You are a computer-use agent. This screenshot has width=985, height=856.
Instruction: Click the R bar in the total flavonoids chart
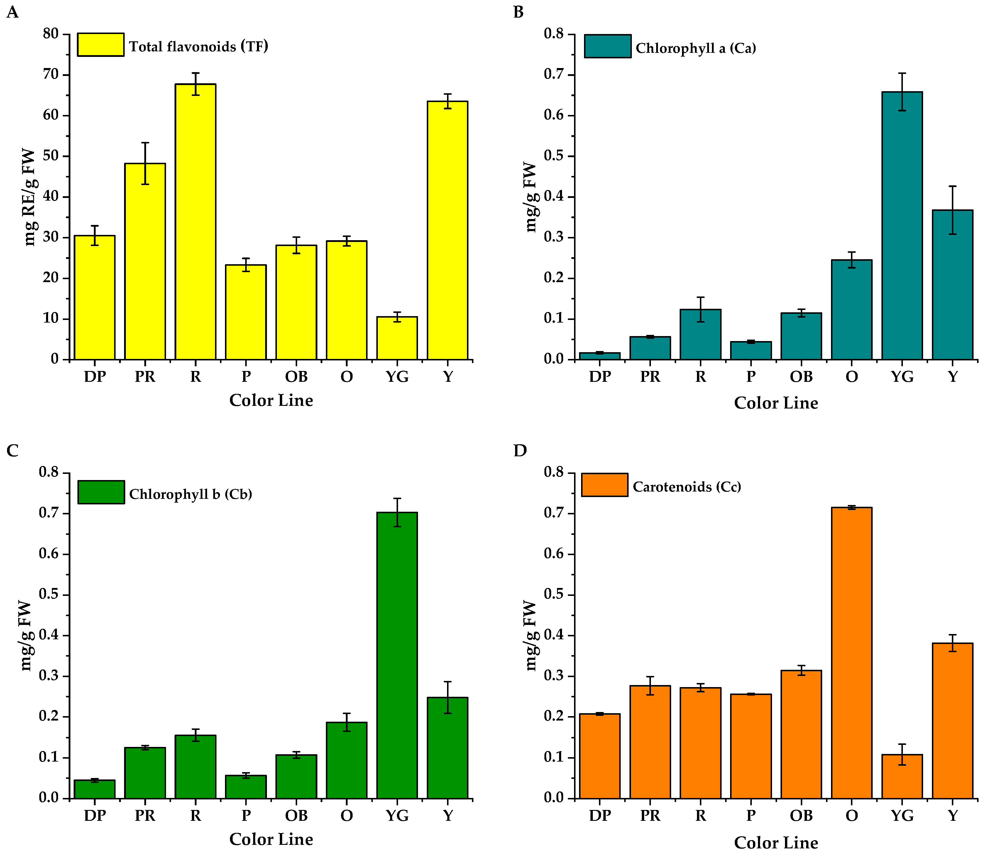pyautogui.click(x=195, y=222)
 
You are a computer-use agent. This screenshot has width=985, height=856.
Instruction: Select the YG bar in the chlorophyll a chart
pyautogui.click(x=902, y=226)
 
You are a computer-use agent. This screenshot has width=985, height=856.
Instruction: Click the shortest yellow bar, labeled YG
pyautogui.click(x=397, y=338)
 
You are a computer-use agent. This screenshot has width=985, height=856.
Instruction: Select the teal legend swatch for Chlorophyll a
pyautogui.click(x=607, y=46)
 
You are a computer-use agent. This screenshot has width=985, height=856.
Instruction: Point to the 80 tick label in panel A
pyautogui.click(x=50, y=34)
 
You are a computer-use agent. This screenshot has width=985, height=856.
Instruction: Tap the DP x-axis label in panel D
pyautogui.click(x=600, y=816)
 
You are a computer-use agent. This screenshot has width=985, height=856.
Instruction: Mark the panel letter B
pyautogui.click(x=519, y=12)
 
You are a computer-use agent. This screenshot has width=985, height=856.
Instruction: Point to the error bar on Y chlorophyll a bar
pyautogui.click(x=952, y=210)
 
